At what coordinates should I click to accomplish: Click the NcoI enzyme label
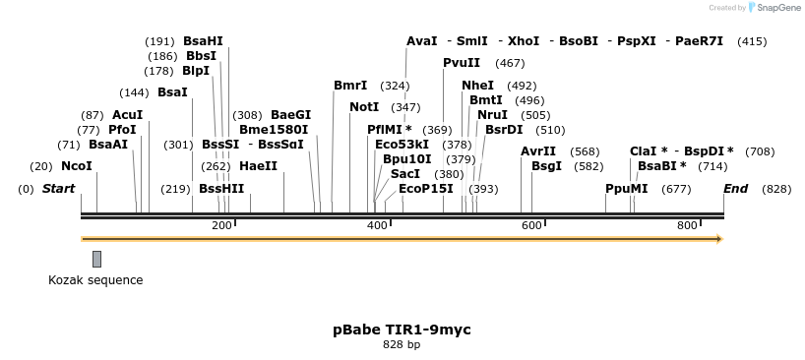click(76, 166)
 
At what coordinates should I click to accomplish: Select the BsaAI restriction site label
click(107, 145)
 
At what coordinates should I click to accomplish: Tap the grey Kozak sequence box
click(96, 259)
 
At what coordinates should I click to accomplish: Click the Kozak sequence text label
click(95, 280)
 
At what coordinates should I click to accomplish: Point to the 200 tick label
click(221, 226)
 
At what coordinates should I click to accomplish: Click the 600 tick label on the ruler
click(531, 226)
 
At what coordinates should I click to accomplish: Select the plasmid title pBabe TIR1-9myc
click(402, 330)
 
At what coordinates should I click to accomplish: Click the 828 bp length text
click(402, 344)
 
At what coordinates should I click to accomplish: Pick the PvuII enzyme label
click(462, 63)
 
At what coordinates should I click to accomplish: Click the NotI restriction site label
click(364, 107)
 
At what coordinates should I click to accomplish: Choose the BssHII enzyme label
click(221, 188)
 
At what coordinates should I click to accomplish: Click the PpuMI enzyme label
click(626, 188)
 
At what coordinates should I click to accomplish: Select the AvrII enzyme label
click(538, 151)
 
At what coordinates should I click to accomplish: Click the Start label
click(58, 188)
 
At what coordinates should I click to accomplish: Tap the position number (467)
click(510, 63)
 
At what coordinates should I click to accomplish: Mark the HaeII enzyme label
click(258, 166)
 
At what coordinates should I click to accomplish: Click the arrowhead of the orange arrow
click(718, 239)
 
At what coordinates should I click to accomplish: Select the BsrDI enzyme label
click(504, 130)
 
